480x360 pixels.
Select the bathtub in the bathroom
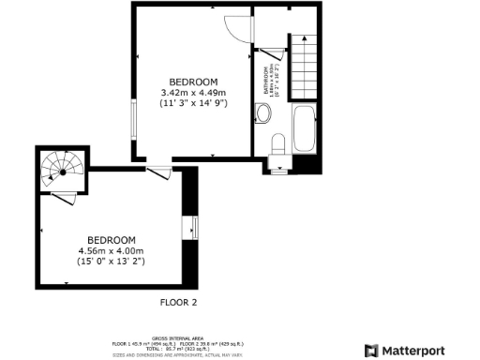[x=306, y=131]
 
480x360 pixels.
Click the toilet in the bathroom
[x=278, y=144]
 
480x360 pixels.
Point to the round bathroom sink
[x=263, y=114]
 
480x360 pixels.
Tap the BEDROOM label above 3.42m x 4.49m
[x=194, y=81]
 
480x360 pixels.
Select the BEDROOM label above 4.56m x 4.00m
[x=112, y=239]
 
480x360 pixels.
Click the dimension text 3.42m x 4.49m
[x=194, y=92]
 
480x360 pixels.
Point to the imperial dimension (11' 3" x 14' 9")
[x=194, y=103]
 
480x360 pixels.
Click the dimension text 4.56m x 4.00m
[x=112, y=250]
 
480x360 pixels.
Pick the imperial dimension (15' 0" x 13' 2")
[x=112, y=262]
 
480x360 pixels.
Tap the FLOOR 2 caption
[x=179, y=302]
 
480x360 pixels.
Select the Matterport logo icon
[x=371, y=351]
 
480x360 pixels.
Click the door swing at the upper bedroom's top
[x=240, y=27]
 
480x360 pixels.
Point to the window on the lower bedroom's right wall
[x=195, y=227]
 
